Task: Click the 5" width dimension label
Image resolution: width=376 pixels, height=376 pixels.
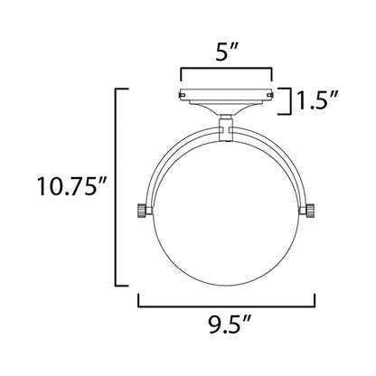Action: (228, 52)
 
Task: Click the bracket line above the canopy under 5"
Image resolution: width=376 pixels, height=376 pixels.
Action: (227, 70)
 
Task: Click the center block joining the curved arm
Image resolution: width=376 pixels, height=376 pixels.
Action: (227, 132)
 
